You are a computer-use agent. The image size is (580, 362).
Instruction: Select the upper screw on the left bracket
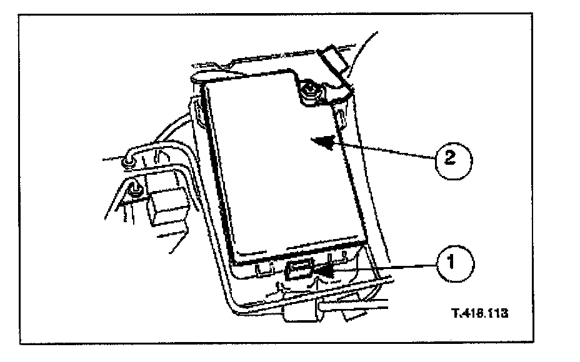click(x=127, y=162)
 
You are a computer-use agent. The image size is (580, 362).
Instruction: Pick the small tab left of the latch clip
click(x=262, y=269)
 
